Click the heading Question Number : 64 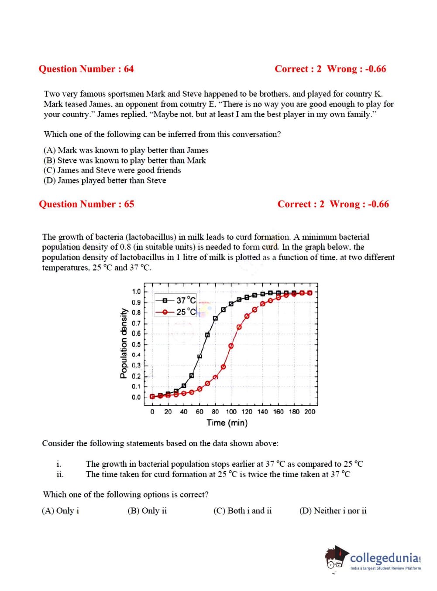point(86,69)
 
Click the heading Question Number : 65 point(86,204)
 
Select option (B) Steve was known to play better point(124,160)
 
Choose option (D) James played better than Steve point(105,180)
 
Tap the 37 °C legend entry point(179,300)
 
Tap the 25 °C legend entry point(179,312)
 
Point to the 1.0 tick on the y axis point(136,292)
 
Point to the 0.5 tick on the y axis point(136,344)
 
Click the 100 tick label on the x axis point(231,411)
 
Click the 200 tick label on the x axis point(310,411)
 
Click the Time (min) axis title point(227,423)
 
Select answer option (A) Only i point(60,511)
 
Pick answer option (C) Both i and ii point(242,511)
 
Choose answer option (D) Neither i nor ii point(333,511)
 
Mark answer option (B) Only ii point(147,511)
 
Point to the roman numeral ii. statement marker point(60,475)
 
